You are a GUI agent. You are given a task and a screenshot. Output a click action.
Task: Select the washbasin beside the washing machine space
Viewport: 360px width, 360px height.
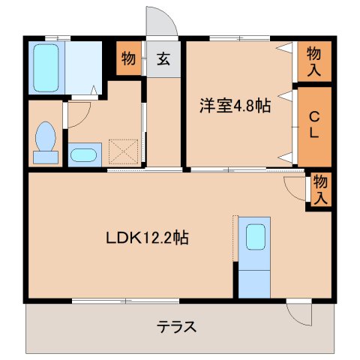click(83, 155)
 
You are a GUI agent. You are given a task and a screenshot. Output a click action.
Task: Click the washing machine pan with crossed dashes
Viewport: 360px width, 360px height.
click(124, 151)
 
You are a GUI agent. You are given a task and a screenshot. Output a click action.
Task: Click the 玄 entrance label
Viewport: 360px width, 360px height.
click(163, 59)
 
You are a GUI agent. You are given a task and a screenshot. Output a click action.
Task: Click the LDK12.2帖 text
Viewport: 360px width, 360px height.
click(146, 238)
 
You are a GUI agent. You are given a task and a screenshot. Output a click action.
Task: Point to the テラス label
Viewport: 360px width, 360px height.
click(177, 326)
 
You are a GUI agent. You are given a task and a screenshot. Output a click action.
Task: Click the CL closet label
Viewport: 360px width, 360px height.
click(315, 127)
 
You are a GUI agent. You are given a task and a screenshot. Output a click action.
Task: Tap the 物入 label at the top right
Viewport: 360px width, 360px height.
click(316, 60)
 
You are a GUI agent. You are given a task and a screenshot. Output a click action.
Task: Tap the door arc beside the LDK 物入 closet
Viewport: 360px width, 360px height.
click(295, 186)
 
